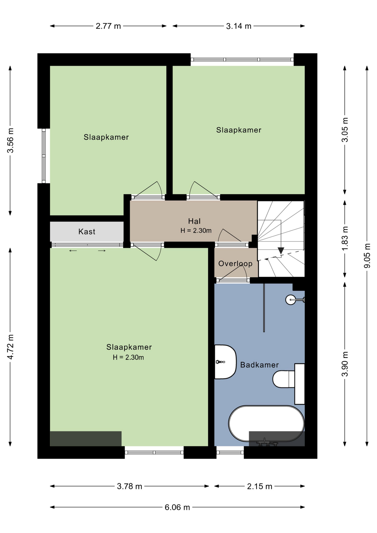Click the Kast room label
pos(87,232)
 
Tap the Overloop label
pos(235,263)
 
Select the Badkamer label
pos(259,365)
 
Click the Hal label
pos(194,221)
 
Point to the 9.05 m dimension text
pos(367,256)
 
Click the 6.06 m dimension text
pos(177,507)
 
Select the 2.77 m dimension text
pos(108,26)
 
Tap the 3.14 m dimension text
pos(239,26)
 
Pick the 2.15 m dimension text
pos(260,486)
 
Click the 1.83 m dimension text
pos(345,238)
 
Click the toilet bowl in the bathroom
pos(284,379)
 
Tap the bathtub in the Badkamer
pos(266,424)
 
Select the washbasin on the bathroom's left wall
pos(225,362)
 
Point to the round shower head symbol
pos(291,300)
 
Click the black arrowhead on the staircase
pos(281,250)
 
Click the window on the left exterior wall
pos(44,156)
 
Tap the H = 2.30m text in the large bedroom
pos(128,357)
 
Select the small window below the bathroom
pos(230,452)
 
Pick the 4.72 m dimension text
pos(11,347)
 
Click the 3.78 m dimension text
pos(129,486)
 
